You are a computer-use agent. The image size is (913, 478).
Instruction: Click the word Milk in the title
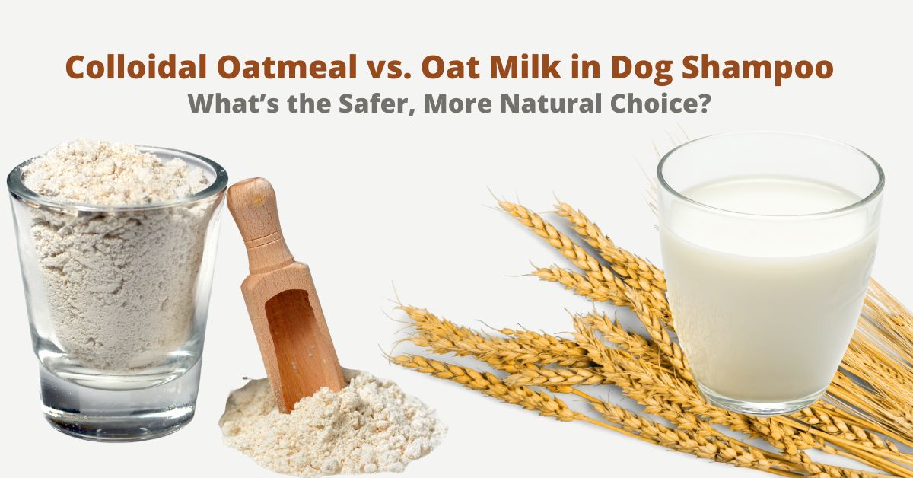click(x=526, y=67)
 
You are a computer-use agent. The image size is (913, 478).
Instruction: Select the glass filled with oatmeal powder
click(x=114, y=289)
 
